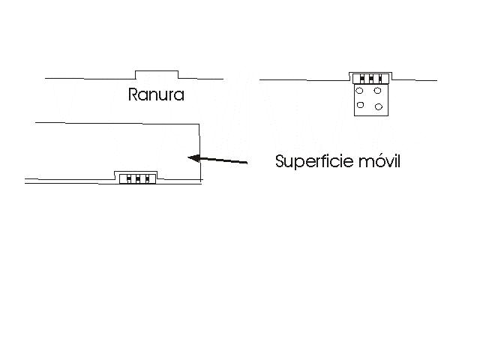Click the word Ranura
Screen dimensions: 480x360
point(156,94)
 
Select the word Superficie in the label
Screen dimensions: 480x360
point(314,161)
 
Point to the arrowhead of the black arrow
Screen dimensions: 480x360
point(193,158)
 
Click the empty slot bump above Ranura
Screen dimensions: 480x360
point(157,74)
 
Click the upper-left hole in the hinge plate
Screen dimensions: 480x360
point(359,91)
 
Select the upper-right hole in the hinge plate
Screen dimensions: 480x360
point(377,91)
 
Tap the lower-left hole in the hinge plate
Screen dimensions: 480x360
point(360,105)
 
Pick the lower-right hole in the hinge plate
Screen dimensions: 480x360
point(379,106)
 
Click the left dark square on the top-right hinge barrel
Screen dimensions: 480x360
point(361,79)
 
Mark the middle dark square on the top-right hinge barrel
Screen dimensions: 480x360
point(371,79)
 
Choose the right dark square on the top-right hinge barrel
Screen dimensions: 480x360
point(380,79)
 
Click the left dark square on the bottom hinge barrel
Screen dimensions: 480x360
point(128,178)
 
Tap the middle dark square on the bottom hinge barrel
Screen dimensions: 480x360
point(138,178)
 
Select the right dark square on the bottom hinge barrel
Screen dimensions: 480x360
point(147,178)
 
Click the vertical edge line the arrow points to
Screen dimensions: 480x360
point(200,152)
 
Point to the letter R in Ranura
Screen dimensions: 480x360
point(133,94)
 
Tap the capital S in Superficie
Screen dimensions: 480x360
point(280,160)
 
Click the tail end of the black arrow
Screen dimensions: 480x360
point(247,163)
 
